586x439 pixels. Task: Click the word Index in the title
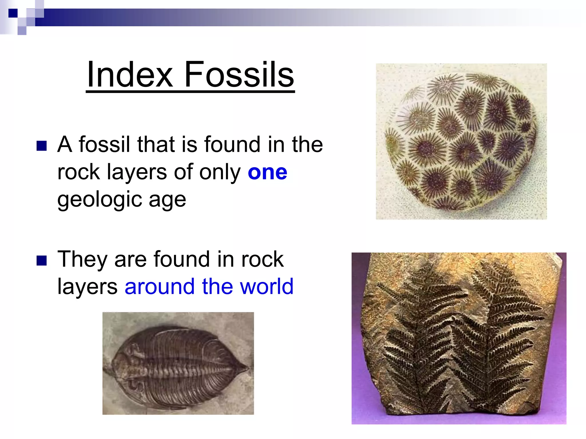pyautogui.click(x=130, y=75)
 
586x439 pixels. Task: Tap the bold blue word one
pyautogui.click(x=267, y=172)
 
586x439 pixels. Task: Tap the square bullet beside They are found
pyautogui.click(x=42, y=261)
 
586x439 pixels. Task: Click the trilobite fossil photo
pyautogui.click(x=178, y=363)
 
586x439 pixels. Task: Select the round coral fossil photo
pyautogui.click(x=461, y=141)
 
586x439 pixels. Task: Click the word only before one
pyautogui.click(x=220, y=172)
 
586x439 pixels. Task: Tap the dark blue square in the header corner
pyautogui.click(x=13, y=13)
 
